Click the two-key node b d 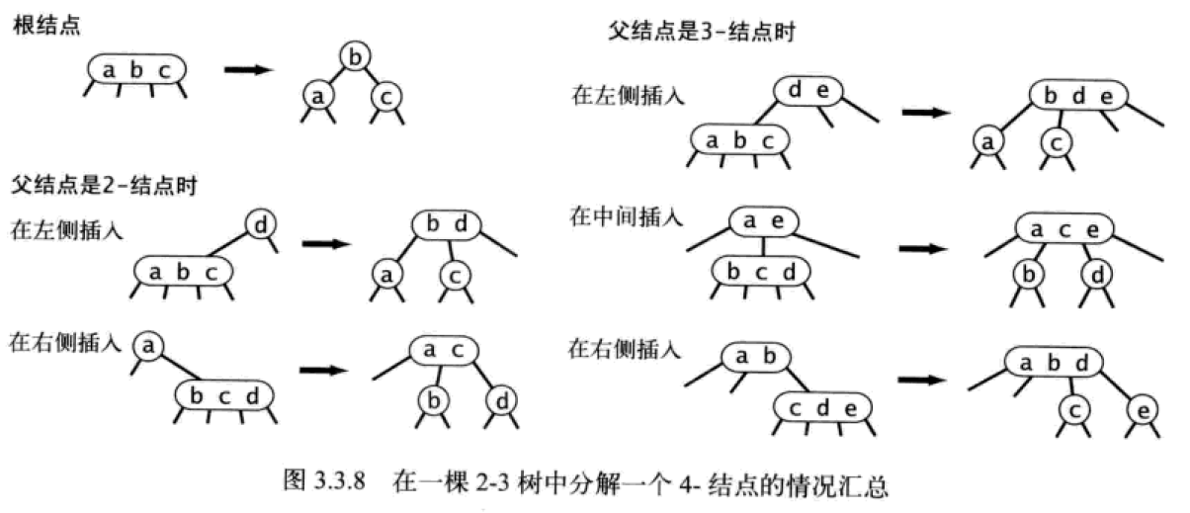pyautogui.click(x=446, y=225)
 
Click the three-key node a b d pyautogui.click(x=1053, y=364)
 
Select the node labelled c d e pyautogui.click(x=822, y=406)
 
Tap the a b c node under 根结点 pyautogui.click(x=136, y=69)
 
